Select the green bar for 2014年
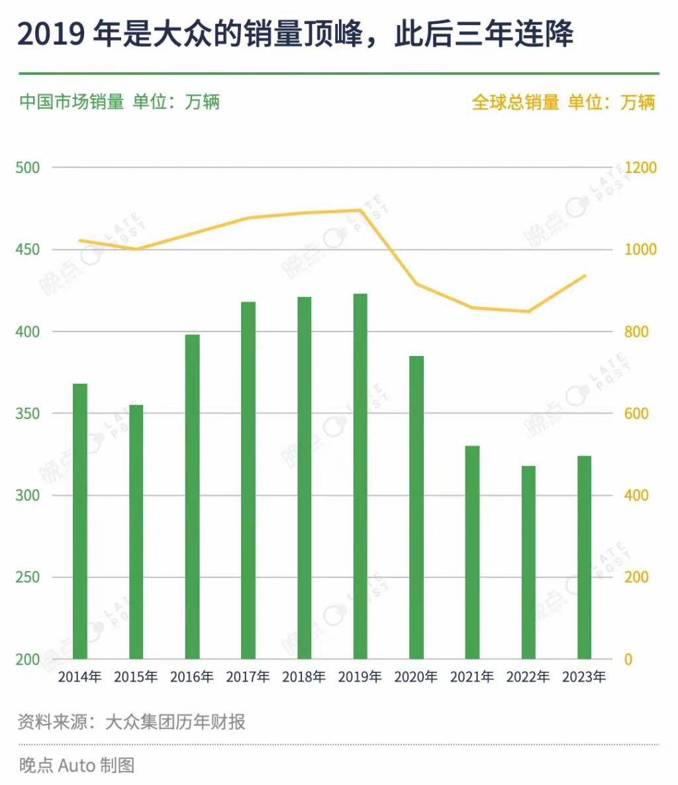coord(80,521)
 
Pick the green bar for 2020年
coord(416,507)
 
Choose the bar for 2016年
coord(192,497)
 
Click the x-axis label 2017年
coord(248,677)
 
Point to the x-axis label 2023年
coord(584,677)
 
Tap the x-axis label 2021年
coord(472,677)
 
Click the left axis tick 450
coord(27,249)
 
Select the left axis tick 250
coord(27,577)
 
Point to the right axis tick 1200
coord(640,168)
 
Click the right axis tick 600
coord(636,413)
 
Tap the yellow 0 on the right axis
coord(628,659)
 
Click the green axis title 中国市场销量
coord(72,102)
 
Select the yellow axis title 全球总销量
coord(515,102)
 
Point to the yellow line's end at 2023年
coord(585,276)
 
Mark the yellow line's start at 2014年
coord(80,240)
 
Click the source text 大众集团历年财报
coord(175,721)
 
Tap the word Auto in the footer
coord(77,765)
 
